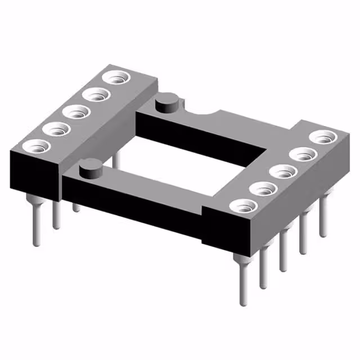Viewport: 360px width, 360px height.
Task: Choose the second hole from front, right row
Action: point(262,188)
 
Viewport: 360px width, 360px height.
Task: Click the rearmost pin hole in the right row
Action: point(321,137)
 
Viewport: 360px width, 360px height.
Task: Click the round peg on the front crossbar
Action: point(89,167)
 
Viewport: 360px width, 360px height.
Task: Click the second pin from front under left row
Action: point(56,214)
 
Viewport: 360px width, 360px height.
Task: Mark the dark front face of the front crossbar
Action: point(135,208)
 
